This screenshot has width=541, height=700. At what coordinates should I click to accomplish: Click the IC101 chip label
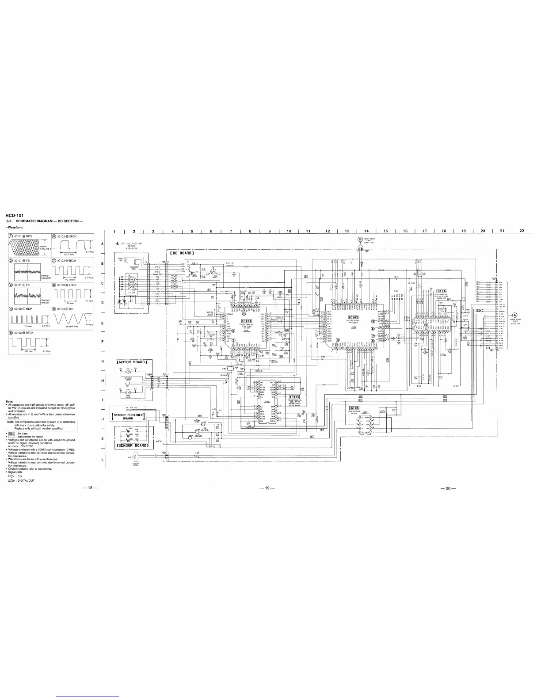(x=247, y=320)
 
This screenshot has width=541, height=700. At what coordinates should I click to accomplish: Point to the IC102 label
(x=294, y=397)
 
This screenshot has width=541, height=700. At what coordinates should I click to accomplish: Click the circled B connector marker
(x=361, y=240)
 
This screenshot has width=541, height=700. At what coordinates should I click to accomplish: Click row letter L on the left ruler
(x=103, y=459)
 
